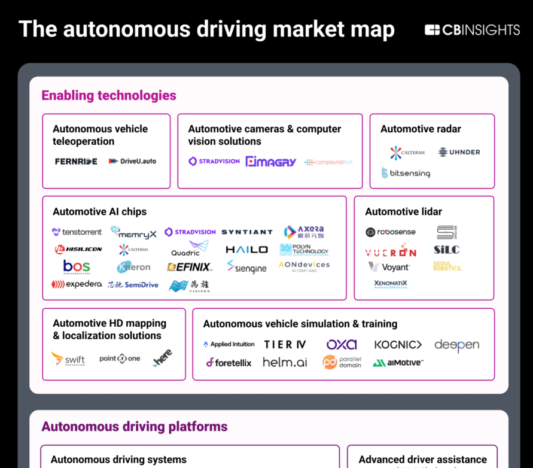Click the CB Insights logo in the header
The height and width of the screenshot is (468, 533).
coord(472,30)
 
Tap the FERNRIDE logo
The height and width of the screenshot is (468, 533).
coord(76,161)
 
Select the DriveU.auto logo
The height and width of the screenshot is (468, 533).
coord(132,161)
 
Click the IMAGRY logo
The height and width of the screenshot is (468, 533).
coord(270,161)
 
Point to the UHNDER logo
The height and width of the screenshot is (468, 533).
coord(459,152)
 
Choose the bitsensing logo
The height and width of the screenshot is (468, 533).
coord(406,173)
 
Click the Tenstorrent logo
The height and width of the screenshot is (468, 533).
coord(77,232)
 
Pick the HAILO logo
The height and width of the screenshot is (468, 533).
coord(246,250)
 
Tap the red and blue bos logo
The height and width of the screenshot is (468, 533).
coord(77,266)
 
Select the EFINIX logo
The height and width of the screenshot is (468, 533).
coord(189,267)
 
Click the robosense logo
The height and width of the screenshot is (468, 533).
coord(391,232)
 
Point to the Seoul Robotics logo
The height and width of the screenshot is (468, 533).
coord(447,266)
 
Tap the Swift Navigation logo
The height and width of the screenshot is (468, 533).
coord(68,359)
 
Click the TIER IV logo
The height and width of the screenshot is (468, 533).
coord(285,344)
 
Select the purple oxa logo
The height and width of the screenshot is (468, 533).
coord(342,344)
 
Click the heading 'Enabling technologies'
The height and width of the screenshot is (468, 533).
coord(109,95)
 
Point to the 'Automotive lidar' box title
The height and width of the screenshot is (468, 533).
coord(404,211)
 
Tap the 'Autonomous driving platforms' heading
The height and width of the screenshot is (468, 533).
coord(135,427)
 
